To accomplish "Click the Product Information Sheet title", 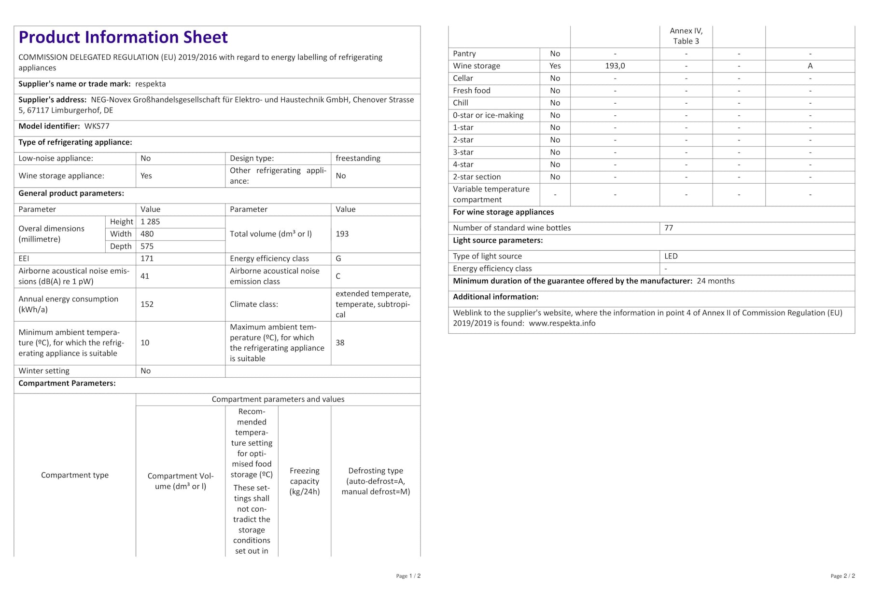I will coord(123,37).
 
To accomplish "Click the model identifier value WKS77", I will coord(97,126).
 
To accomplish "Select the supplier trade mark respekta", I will coord(151,84).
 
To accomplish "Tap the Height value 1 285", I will coord(150,222).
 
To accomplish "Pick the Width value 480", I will coord(147,234).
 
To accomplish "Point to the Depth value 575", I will coord(147,246).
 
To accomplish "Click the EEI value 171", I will coord(147,259).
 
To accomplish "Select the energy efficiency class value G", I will coord(338,259).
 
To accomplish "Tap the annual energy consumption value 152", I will coord(147,304).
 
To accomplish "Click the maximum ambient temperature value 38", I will coord(340,343).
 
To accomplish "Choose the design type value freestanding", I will coord(358,158).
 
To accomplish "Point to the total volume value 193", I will coord(342,234).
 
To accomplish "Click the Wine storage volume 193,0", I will coord(615,66).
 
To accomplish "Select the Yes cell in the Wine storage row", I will coord(555,66).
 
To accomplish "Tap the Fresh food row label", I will coord(471,91).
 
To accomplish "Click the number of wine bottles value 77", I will coord(669,228).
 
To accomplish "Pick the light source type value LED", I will coord(671,256).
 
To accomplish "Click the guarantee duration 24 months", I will coord(715,281).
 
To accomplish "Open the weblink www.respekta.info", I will coord(562,324).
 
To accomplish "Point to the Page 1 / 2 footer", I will coord(408,576).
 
